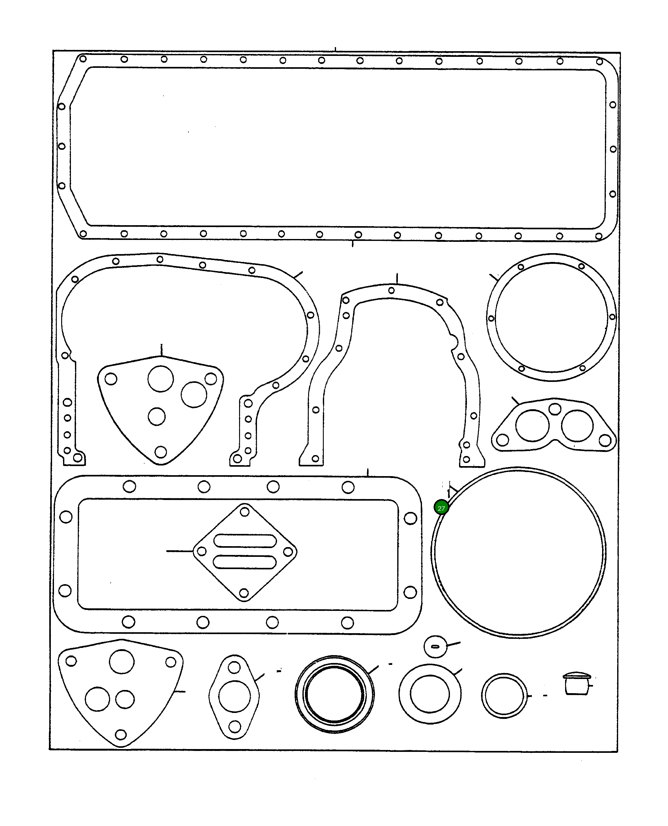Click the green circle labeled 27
441,508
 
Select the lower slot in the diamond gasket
244,562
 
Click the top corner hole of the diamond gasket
245,512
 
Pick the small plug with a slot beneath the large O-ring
435,647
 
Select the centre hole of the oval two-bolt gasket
234,696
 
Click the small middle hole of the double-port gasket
554,409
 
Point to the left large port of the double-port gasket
532,426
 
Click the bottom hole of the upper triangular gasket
160,452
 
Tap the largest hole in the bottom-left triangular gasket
122,661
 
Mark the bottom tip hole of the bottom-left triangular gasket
121,734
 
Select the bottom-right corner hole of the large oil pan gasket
599,236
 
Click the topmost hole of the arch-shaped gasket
391,290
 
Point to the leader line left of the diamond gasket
179,551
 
